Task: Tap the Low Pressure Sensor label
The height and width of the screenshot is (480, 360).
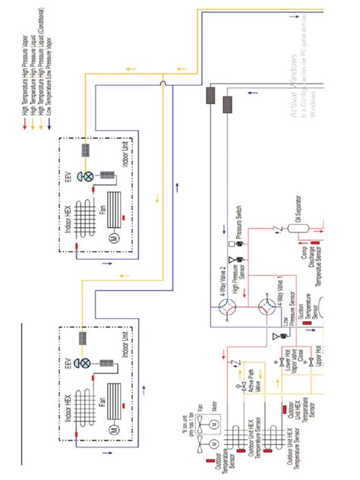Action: coord(287,325)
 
